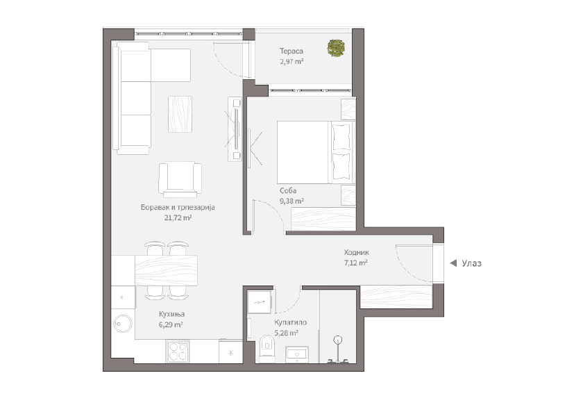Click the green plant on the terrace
tap(336, 48)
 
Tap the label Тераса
tap(291, 51)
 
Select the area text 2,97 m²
tap(291, 61)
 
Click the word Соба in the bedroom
tap(288, 190)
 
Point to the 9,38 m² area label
tap(291, 201)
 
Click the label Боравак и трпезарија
tap(178, 207)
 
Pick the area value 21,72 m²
tap(178, 217)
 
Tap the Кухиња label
tap(172, 314)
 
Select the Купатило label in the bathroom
tap(291, 322)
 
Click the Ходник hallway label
tap(356, 252)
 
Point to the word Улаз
tap(471, 263)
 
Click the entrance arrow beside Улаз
tap(453, 263)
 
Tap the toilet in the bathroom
tap(267, 348)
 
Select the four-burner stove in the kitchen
tap(178, 352)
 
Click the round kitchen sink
tap(122, 324)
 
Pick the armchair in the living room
tap(180, 180)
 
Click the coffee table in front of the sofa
tap(180, 114)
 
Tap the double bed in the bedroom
tap(316, 152)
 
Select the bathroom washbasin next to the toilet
tap(297, 354)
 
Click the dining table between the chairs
tap(166, 270)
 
